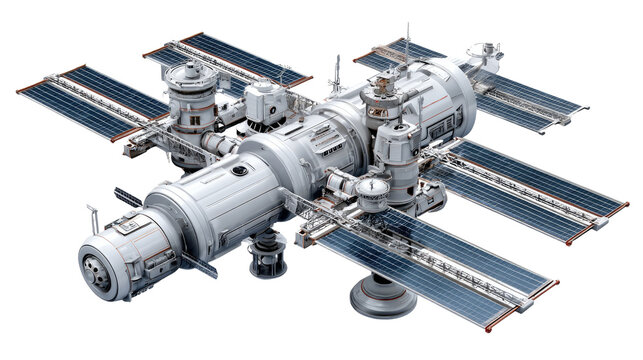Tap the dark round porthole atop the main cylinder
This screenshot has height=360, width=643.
[240, 171]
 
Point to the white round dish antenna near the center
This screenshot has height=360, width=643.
[373, 186]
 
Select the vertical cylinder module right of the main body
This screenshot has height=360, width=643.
[399, 160]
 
